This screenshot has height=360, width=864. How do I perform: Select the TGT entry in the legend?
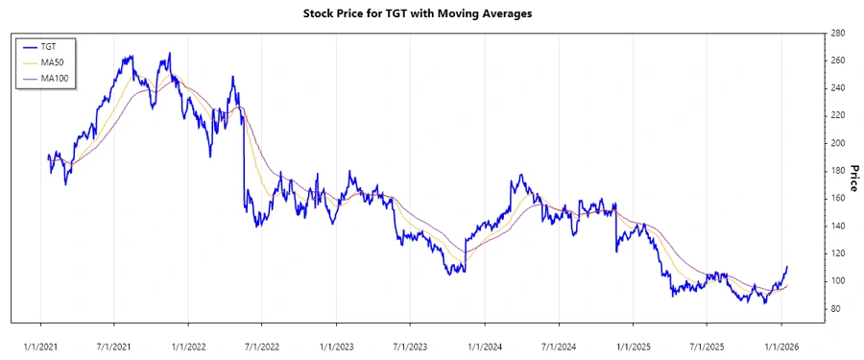point(49,47)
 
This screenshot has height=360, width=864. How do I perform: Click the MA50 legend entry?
point(53,62)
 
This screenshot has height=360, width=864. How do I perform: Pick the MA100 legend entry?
point(55,78)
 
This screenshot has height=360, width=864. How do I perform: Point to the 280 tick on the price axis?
point(838,33)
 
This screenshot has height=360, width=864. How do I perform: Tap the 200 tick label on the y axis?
point(838,143)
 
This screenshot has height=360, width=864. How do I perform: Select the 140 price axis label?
point(838,226)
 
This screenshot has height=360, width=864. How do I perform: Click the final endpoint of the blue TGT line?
point(787,267)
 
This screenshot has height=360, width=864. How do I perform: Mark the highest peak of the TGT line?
point(170,54)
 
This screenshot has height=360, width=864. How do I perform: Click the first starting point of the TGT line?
point(48,156)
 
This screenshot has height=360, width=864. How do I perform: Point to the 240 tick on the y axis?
point(838,88)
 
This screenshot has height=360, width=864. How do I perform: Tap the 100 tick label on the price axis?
point(838,280)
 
